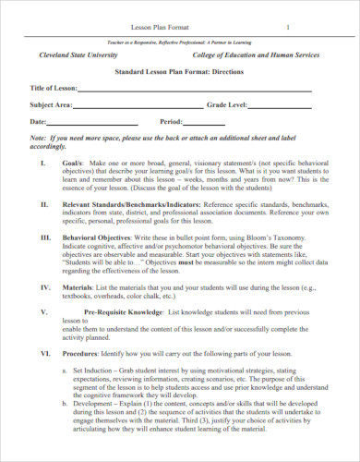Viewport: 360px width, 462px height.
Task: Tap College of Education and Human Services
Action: [254, 55]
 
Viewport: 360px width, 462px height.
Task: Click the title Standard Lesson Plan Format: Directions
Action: [179, 71]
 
